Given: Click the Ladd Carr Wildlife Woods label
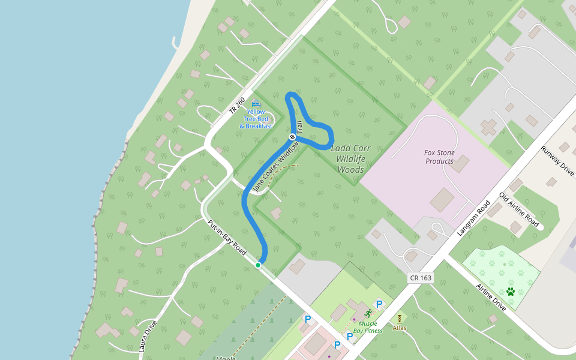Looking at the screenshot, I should point(351,159).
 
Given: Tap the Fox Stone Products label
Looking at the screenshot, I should point(440,157).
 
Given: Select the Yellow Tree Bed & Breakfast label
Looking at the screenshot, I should point(256,119).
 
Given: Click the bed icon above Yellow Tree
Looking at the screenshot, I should point(256,104).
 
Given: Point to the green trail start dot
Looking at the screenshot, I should point(258,265).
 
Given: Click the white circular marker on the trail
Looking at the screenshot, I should point(293,137).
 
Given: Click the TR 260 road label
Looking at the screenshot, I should point(237,107).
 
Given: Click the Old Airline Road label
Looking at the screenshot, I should point(519,209).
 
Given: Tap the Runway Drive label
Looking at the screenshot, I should point(557,160).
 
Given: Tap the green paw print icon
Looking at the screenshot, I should point(511,292).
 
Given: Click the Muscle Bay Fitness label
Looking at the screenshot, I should point(368,327).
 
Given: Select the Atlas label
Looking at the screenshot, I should point(400,328).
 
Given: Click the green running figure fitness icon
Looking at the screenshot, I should point(367,314).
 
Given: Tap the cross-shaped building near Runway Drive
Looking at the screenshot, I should point(489,127).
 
